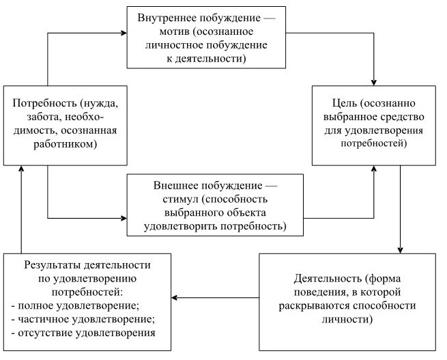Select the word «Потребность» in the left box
tap(42, 103)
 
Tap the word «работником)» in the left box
tap(65, 144)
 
